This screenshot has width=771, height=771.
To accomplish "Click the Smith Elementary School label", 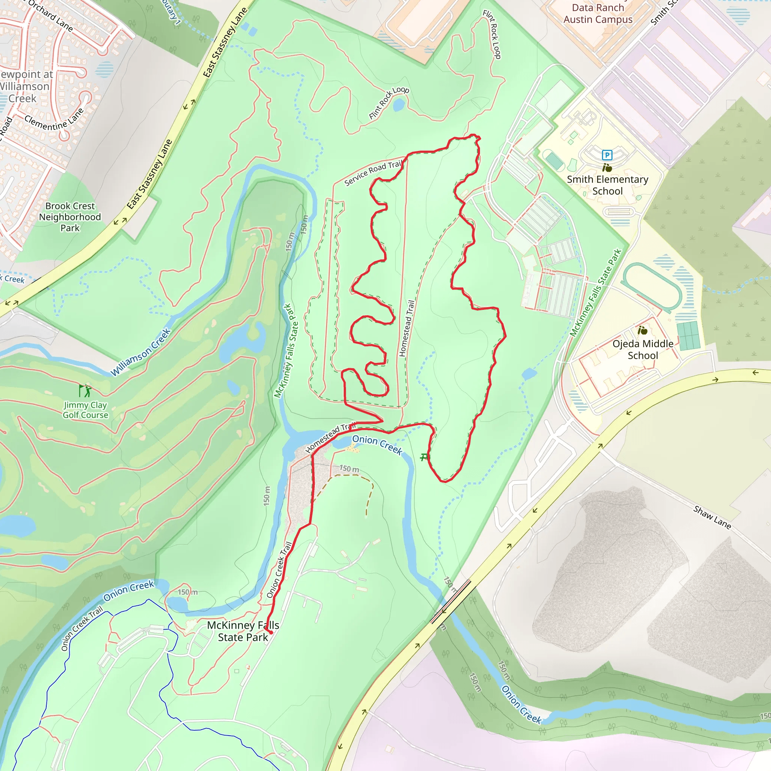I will coord(607,185).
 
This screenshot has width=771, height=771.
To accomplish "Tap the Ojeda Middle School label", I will coord(643,350).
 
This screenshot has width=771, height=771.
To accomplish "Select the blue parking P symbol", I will coord(607,155).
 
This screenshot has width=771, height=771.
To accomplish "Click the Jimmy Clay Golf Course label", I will coord(85,410).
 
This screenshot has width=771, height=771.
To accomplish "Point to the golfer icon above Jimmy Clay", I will coord(85,390).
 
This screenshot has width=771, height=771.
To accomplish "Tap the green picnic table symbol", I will coord(424,457).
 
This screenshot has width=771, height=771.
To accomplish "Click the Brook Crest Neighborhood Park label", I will coord(70,217).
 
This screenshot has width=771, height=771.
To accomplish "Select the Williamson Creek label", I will coord(140,352).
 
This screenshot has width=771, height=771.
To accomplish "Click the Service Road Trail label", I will coord(373,173).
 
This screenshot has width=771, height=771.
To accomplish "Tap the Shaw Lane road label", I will coord(712,517).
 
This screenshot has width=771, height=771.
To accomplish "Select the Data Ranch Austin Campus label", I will coord(597,14).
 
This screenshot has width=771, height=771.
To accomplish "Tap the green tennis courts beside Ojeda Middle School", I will coord(688,335).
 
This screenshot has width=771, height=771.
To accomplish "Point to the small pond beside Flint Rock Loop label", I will coord(399,105).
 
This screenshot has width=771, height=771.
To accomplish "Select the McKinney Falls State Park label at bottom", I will coord(243,631).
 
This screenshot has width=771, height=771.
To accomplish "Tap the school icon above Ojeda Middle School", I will coord(643,331).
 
